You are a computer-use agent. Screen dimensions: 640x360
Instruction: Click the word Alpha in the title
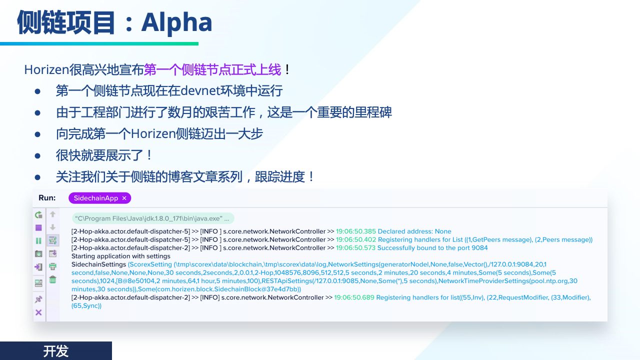(176, 22)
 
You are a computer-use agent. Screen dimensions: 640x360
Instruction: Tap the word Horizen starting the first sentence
(46, 69)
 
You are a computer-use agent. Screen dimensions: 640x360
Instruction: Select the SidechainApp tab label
(95, 198)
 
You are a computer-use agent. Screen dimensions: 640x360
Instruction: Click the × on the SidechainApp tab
(124, 198)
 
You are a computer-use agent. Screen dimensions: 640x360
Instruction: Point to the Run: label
(47, 197)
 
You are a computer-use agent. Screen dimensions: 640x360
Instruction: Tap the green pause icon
(38, 241)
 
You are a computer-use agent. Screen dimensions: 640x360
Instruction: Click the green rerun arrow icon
(38, 214)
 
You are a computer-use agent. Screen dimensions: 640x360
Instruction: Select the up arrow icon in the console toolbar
(52, 214)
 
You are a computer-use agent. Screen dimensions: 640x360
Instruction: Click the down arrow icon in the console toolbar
(52, 227)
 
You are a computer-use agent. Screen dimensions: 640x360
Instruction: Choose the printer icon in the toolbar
(53, 266)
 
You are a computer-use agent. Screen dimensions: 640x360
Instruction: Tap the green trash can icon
(53, 279)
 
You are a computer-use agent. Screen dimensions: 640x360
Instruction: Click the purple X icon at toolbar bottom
(38, 312)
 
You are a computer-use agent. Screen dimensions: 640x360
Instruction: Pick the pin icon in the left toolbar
(38, 299)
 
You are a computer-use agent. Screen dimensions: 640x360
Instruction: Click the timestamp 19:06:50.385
(355, 231)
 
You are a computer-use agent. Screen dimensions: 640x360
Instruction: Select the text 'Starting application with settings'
(121, 256)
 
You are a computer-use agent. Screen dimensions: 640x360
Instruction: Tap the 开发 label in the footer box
(55, 351)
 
